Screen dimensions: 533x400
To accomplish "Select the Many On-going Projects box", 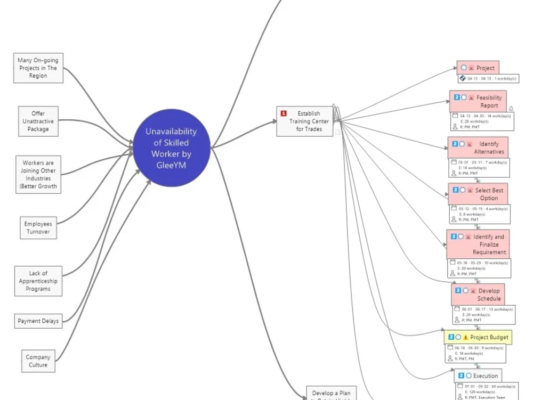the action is click(38, 68).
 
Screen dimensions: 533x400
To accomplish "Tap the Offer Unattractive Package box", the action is click(38, 121).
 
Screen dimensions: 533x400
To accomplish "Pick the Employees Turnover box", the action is click(38, 228).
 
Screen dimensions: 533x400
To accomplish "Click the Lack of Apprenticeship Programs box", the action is click(38, 281).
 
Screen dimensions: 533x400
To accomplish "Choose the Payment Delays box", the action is click(38, 321).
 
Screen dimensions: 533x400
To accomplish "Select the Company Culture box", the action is click(38, 361).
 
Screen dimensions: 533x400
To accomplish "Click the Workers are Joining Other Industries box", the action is click(38, 175).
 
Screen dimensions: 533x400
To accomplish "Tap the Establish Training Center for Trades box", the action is click(305, 121).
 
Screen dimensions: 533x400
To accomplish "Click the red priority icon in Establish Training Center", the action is click(284, 113).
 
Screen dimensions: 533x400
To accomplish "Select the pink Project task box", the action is click(478, 68).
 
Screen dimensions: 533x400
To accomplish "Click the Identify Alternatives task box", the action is click(478, 148).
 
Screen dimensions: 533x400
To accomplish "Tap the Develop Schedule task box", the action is click(478, 295).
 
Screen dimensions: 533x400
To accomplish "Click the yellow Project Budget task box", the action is click(479, 337).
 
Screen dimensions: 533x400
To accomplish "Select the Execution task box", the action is click(478, 376).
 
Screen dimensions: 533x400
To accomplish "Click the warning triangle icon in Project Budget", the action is click(466, 337).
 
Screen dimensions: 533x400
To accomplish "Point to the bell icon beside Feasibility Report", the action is click(511, 109).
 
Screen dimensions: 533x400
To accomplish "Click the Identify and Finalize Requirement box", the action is click(478, 244).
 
